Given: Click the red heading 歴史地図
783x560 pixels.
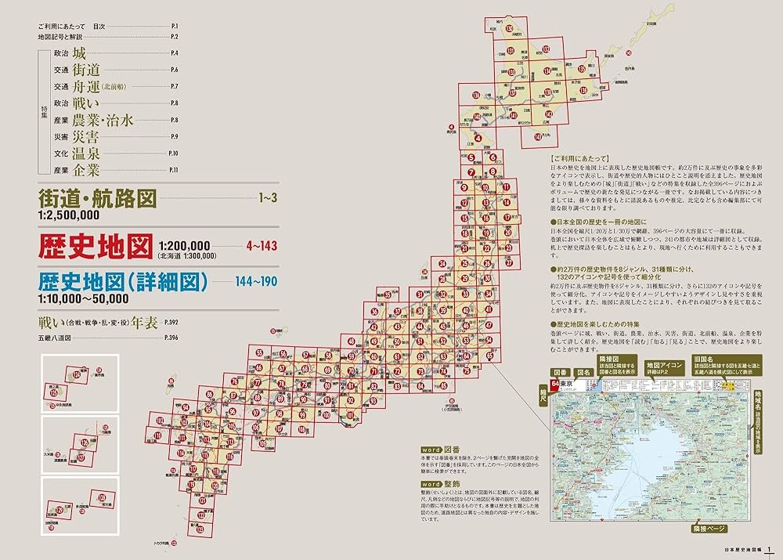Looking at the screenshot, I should point(96,248).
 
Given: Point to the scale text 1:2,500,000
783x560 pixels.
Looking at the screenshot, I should point(69,215).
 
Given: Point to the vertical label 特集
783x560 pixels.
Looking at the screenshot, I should point(44,112).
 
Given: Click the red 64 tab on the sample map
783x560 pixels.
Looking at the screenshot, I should point(555,384).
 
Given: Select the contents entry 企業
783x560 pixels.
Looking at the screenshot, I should point(86,170).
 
